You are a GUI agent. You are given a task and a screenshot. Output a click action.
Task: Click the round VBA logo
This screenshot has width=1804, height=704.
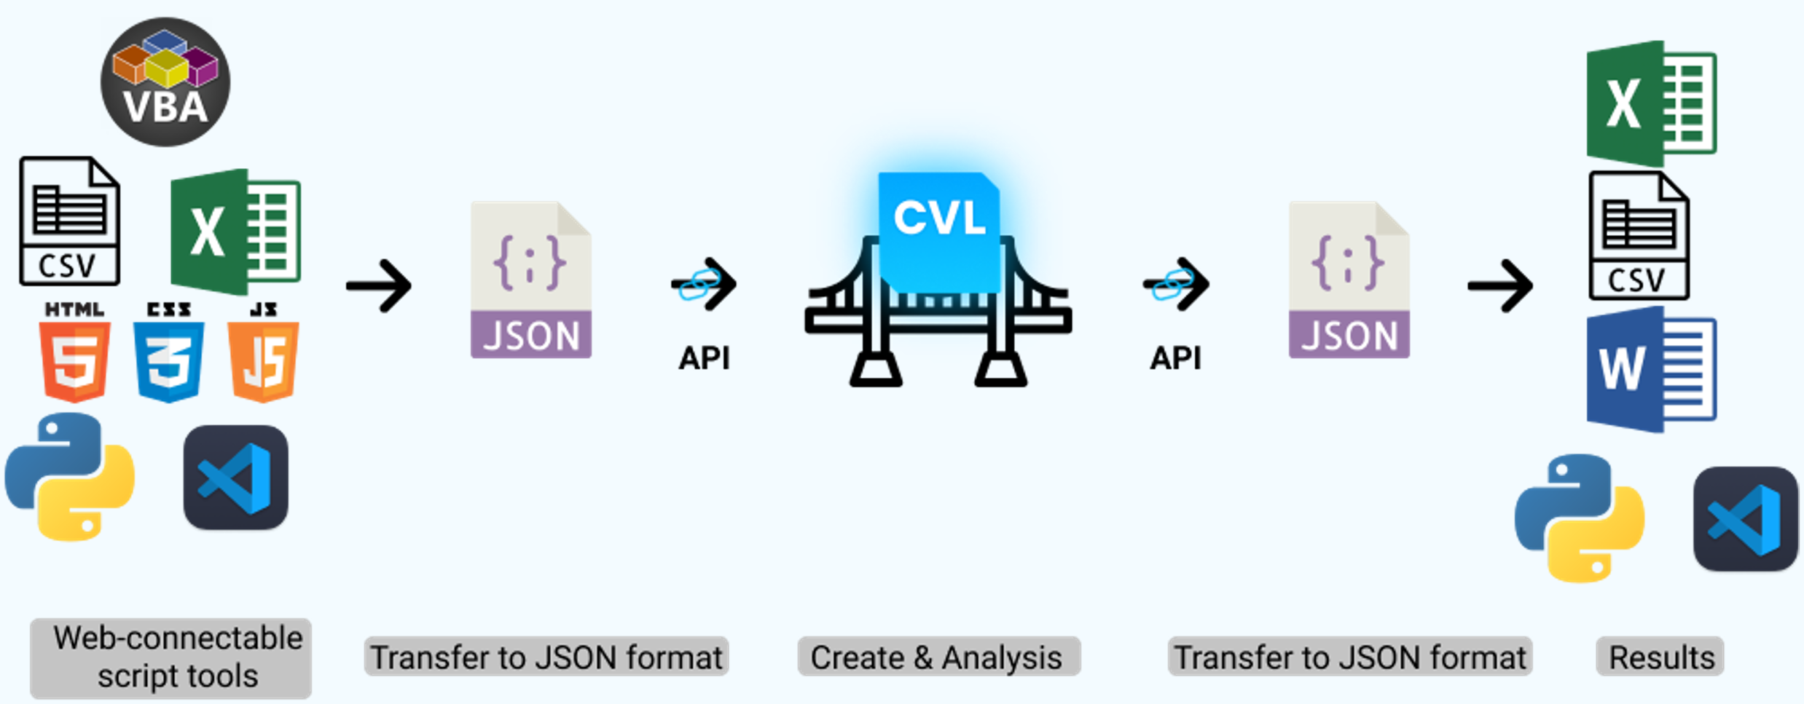165,82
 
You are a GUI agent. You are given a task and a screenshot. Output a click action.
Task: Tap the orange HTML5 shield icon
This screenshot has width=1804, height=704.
74,361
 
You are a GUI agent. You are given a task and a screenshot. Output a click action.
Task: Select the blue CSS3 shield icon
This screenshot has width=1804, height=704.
168,361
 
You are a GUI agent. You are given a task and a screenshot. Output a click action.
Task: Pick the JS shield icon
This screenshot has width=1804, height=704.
263,361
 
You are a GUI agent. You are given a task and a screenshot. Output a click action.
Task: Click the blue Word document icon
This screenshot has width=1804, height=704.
1652,369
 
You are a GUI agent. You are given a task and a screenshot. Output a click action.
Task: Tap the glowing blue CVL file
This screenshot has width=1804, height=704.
938,229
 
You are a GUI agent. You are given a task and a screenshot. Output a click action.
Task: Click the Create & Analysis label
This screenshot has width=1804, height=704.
938,657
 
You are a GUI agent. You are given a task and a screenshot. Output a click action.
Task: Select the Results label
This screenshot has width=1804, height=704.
1660,657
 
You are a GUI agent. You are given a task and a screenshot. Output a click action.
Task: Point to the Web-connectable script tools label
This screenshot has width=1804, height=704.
171,657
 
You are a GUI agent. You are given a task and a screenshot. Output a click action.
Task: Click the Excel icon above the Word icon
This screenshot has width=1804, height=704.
1652,103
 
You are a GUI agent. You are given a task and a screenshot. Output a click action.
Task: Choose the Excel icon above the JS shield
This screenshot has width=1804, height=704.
235,232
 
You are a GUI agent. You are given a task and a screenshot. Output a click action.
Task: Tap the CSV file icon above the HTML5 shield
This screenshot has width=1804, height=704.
69,221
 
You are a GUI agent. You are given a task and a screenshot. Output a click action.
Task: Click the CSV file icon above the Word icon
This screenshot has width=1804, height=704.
1639,236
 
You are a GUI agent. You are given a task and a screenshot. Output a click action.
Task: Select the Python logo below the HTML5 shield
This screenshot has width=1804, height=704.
70,477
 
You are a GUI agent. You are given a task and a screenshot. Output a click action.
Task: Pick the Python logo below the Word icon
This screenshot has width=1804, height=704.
1580,518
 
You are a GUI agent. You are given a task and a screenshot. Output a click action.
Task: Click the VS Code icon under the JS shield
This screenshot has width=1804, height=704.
235,478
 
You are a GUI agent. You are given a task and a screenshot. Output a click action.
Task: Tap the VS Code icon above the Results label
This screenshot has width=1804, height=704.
1746,518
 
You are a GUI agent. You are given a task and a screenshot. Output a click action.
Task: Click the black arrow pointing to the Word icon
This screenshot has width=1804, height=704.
1501,285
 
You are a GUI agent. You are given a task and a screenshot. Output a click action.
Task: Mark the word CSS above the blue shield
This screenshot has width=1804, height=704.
168,309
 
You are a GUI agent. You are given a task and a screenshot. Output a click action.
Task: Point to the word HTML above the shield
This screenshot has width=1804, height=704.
74,309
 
